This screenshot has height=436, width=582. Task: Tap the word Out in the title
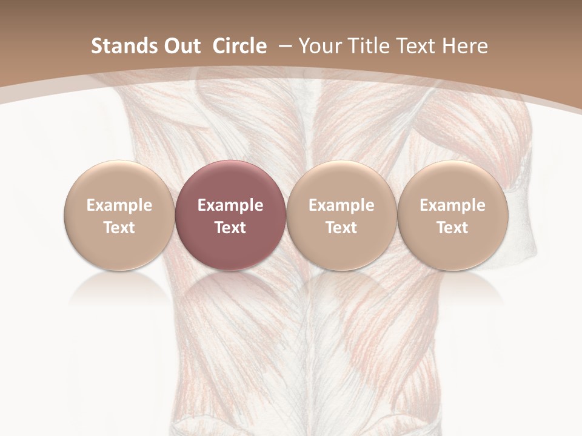(180, 46)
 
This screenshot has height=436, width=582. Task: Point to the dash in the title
(284, 46)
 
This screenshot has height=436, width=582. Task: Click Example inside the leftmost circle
(119, 205)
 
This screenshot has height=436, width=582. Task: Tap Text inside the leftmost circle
(119, 228)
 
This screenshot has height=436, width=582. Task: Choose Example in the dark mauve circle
(230, 205)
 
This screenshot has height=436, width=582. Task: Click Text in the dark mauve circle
(230, 228)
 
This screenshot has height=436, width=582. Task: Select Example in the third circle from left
(341, 205)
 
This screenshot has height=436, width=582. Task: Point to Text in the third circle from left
(341, 228)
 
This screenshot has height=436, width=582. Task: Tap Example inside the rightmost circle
(452, 205)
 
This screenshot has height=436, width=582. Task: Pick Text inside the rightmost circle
(452, 228)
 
